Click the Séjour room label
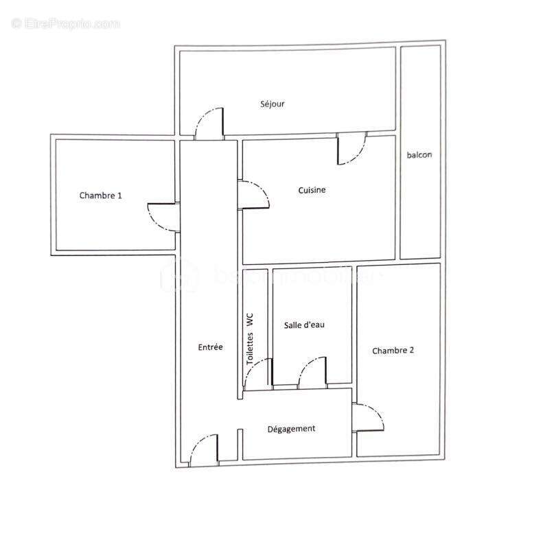273,104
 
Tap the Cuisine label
312,190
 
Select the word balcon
419,155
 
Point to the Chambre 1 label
100,195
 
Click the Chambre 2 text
393,350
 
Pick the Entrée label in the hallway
210,347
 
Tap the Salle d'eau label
304,325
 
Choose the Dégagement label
291,429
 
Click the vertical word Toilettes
251,349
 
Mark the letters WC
251,320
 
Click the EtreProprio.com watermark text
66,24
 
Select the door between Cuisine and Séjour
351,150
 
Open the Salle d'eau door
312,373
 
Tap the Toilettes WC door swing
257,375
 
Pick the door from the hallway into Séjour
209,124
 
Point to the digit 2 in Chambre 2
411,350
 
